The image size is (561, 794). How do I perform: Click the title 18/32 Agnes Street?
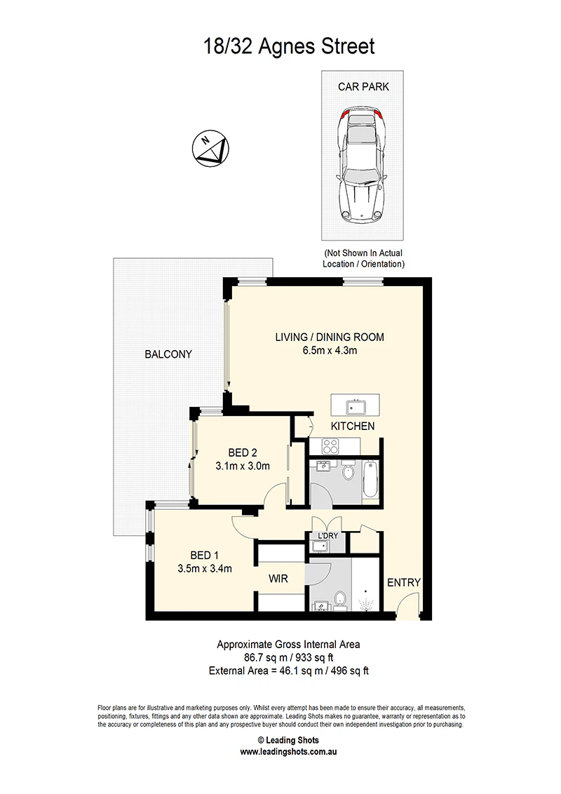coord(289,46)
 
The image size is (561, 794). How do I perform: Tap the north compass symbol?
coord(210,149)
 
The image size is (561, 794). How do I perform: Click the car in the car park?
coord(361,165)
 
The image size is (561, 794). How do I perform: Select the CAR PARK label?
coord(363,87)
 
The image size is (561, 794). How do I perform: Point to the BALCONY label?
coord(168,354)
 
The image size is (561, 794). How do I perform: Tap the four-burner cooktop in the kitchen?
coord(330,446)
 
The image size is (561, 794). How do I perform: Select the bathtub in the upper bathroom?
coord(370,479)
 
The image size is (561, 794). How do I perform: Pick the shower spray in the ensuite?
coord(365,603)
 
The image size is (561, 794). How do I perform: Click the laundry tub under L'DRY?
coord(320,546)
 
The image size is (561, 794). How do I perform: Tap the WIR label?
coord(278,579)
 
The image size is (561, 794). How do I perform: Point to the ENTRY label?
coord(403,583)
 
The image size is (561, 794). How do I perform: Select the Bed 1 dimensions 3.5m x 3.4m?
coord(205,569)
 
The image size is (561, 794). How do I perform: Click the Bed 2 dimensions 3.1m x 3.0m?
coord(243,466)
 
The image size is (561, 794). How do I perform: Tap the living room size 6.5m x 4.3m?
coord(330,351)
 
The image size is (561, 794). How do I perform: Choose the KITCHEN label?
coord(353,426)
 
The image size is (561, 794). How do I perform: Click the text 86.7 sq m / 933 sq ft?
coord(289,658)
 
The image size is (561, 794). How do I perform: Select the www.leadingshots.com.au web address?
coord(288,752)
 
